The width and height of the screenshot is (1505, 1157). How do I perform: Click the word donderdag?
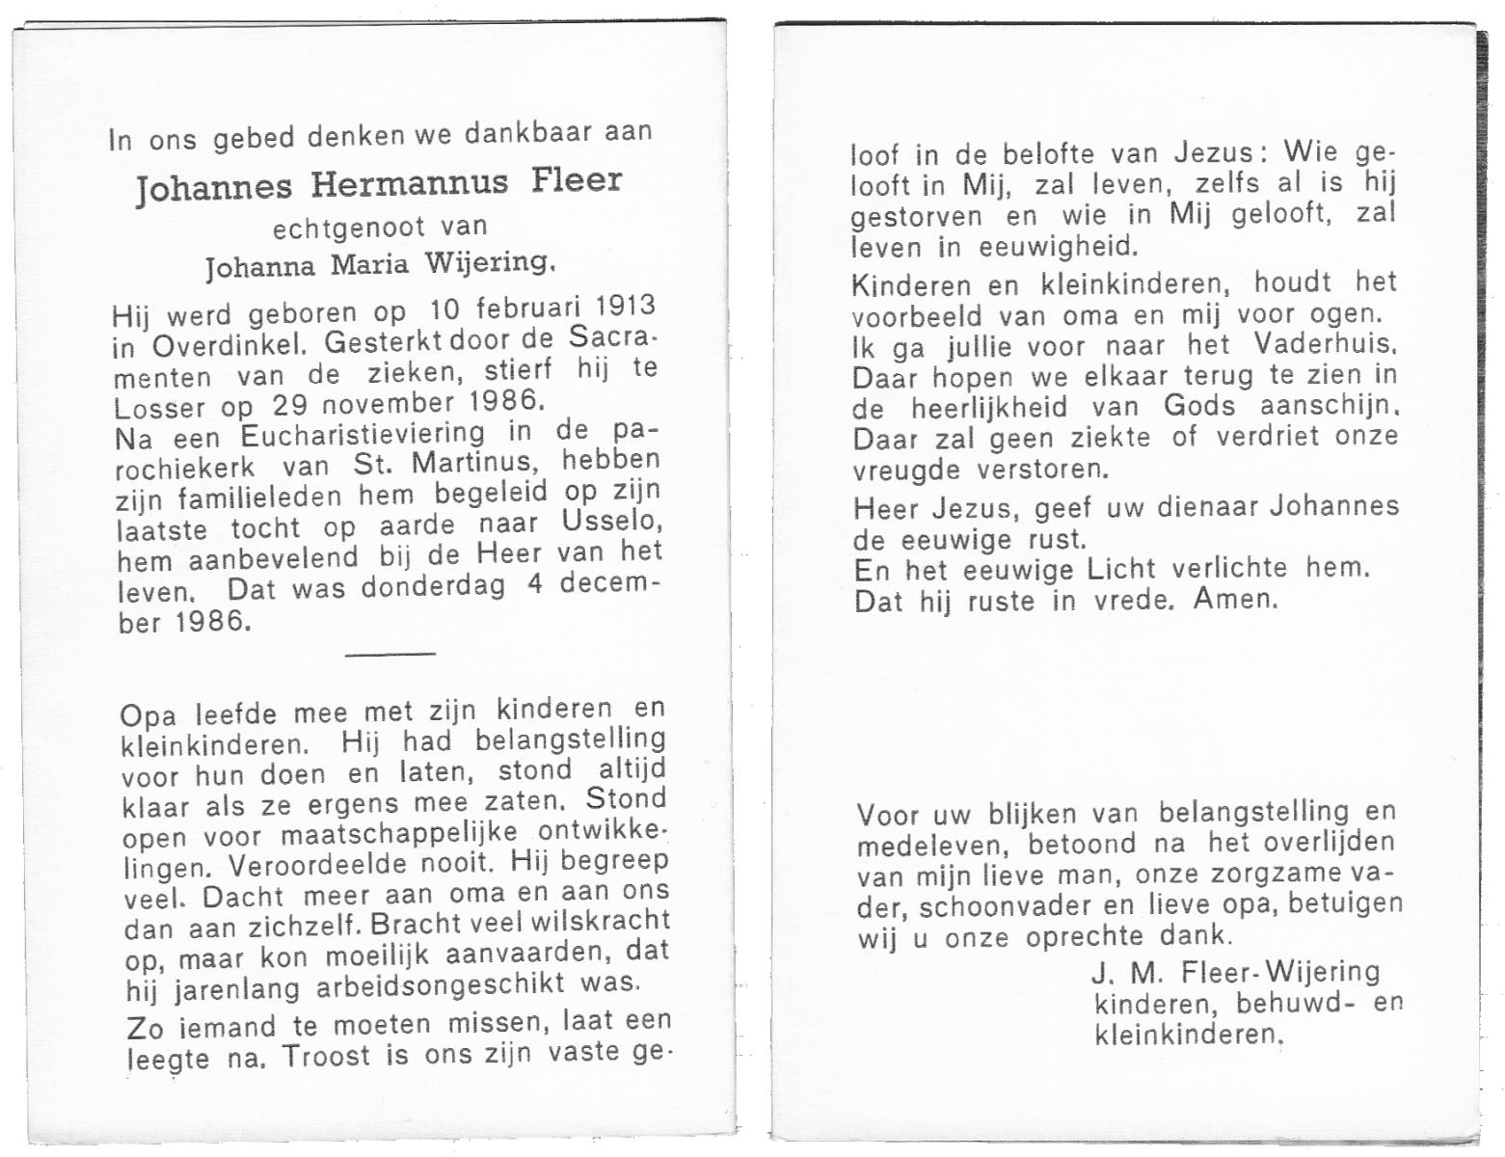(x=433, y=587)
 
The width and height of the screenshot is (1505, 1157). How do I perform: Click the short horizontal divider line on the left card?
(x=390, y=655)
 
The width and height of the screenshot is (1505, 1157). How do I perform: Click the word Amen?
(x=1235, y=599)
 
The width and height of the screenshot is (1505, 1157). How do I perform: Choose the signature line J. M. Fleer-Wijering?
(x=1237, y=972)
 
